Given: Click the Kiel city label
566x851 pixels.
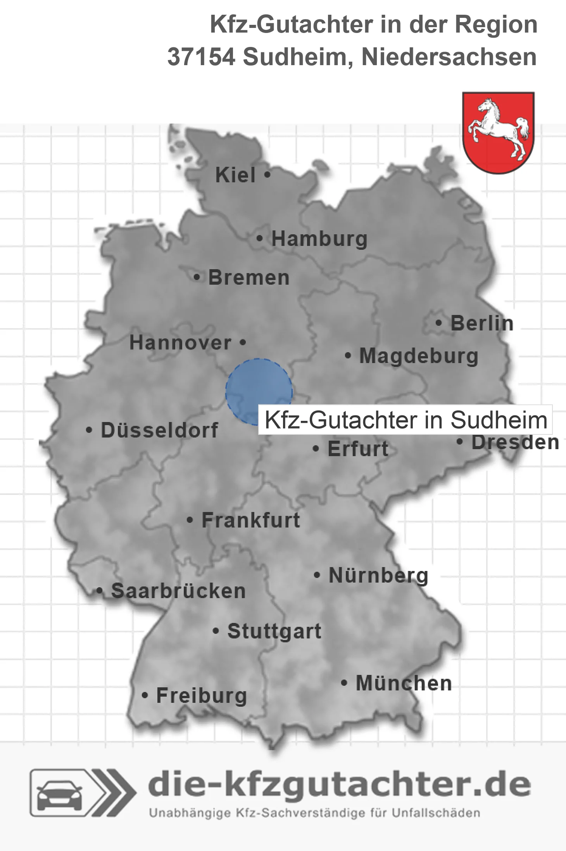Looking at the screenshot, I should point(235,175).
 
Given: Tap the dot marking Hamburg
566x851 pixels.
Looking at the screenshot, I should point(260,239).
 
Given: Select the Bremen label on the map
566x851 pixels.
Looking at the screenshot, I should point(249,278).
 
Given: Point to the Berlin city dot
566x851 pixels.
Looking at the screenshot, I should point(438,323).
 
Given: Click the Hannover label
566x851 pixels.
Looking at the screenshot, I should point(180,343).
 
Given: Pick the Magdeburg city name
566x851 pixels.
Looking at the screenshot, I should point(419,356).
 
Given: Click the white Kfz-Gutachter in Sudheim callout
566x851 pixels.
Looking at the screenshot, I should point(406,420).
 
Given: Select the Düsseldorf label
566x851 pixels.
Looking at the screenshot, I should point(159,430).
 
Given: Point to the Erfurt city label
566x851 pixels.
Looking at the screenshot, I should point(358,449).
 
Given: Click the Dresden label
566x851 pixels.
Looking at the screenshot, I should point(515,443).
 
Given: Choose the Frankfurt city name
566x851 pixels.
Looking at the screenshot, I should point(251,520).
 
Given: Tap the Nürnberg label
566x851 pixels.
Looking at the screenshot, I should point(378,575).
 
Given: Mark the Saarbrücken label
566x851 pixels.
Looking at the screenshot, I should point(178,591).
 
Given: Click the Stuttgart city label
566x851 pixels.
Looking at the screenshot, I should point(274,631).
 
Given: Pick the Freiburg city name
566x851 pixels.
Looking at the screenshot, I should point(202,695).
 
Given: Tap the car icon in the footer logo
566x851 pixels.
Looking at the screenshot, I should point(59,796).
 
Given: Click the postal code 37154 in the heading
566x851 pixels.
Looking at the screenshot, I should point(201,57).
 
